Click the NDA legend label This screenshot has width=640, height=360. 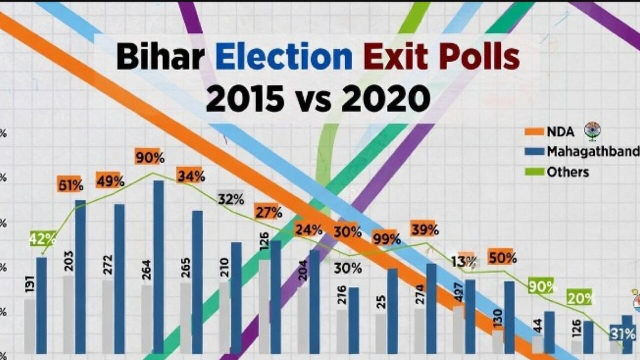(x=560, y=132)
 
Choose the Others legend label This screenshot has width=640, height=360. (x=568, y=172)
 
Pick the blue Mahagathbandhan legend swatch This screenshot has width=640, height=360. (x=533, y=151)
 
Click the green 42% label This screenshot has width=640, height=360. (x=42, y=239)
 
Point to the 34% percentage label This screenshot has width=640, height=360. (x=190, y=176)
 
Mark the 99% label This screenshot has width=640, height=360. (x=386, y=239)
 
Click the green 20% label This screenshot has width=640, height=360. (x=580, y=298)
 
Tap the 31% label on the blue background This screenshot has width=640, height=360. (x=623, y=333)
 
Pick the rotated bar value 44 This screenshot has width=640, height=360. (x=537, y=325)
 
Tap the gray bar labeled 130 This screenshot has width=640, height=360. (x=497, y=342)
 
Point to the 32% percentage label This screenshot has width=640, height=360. (x=230, y=199)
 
